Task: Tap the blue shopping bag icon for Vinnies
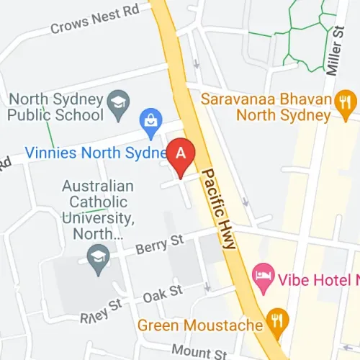pyautogui.click(x=151, y=124)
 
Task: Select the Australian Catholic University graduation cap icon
pyautogui.click(x=97, y=256)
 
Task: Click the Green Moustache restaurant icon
pyautogui.click(x=275, y=317)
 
